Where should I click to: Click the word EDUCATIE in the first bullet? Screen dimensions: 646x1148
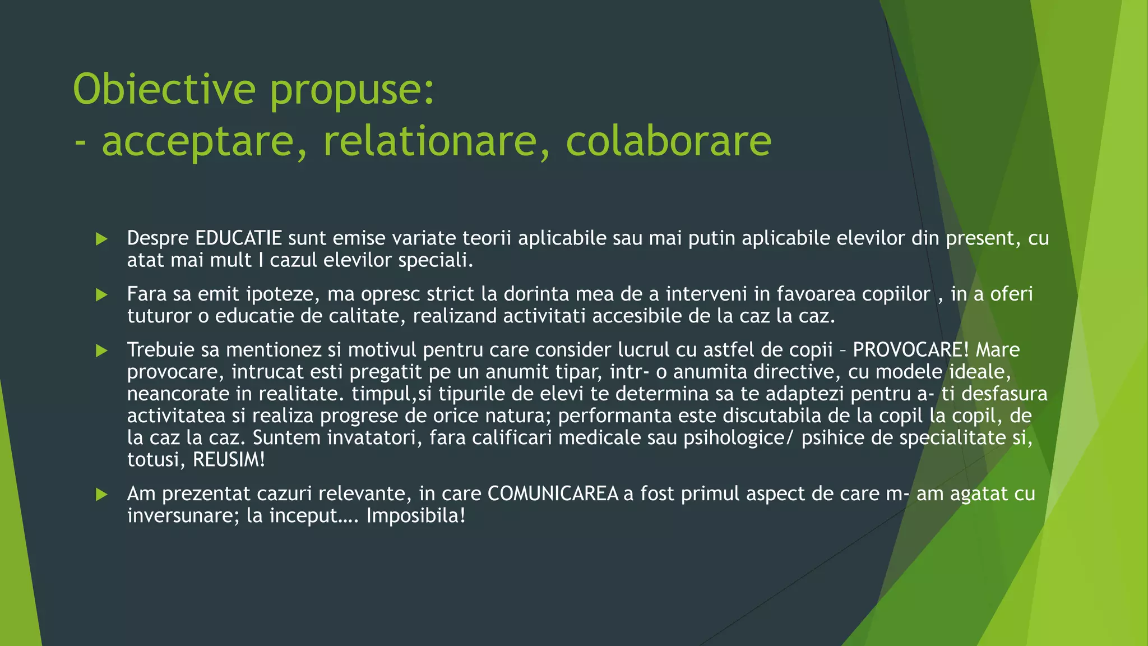(238, 238)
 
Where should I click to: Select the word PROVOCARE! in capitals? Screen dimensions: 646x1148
(910, 350)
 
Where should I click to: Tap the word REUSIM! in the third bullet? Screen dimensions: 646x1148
(229, 460)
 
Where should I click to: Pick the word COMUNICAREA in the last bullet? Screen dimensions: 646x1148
(553, 493)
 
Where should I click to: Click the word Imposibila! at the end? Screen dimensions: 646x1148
(416, 515)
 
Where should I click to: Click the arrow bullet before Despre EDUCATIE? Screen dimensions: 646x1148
(101, 239)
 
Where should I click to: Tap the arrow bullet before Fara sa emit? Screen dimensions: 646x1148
(101, 294)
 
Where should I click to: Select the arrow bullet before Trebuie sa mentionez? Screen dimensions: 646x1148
(101, 350)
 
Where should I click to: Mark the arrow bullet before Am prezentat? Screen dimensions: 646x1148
(101, 494)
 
